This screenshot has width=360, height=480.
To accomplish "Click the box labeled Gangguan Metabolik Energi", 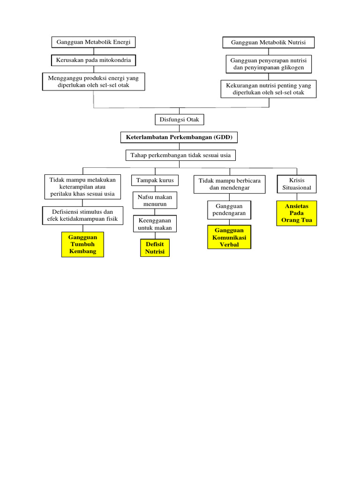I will (x=93, y=42).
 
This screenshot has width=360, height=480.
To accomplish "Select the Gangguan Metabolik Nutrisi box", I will (x=268, y=43).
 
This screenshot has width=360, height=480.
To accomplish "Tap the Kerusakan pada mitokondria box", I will (x=93, y=60).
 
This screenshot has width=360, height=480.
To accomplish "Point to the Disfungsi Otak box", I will (x=180, y=120).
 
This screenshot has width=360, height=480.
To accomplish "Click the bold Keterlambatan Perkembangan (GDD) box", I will (x=179, y=137).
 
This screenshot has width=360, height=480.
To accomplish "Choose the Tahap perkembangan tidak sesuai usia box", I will (x=180, y=155).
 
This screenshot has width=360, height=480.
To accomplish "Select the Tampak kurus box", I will (x=155, y=180).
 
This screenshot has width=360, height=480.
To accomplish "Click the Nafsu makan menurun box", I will (x=155, y=201).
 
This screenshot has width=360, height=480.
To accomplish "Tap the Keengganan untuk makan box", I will (x=155, y=224).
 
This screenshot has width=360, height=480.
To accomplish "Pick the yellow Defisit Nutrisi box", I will (x=155, y=248).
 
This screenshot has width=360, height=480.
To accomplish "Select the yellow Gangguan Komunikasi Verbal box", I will (x=229, y=237).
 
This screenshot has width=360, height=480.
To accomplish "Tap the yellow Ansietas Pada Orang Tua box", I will (x=297, y=213).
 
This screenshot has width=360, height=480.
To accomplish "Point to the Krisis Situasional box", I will (x=297, y=184).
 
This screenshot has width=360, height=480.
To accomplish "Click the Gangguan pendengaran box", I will (x=229, y=210).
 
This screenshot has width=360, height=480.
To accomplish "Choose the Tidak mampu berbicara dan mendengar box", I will (x=230, y=184).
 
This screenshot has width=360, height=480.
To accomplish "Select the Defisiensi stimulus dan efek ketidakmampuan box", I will (x=82, y=216).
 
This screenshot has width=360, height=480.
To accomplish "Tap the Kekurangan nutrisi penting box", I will (x=269, y=89).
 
